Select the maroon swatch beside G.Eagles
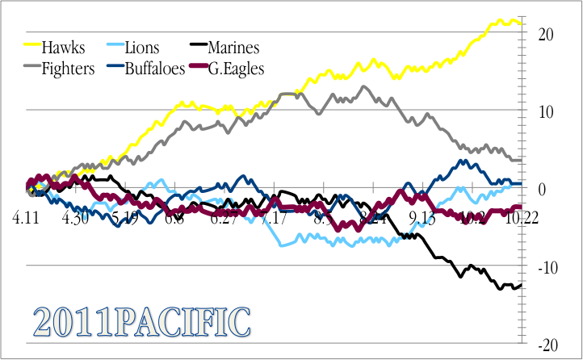tap(198, 69)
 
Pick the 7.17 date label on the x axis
tap(273, 218)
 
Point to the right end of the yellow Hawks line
tap(522, 23)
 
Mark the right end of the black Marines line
tap(522, 283)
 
